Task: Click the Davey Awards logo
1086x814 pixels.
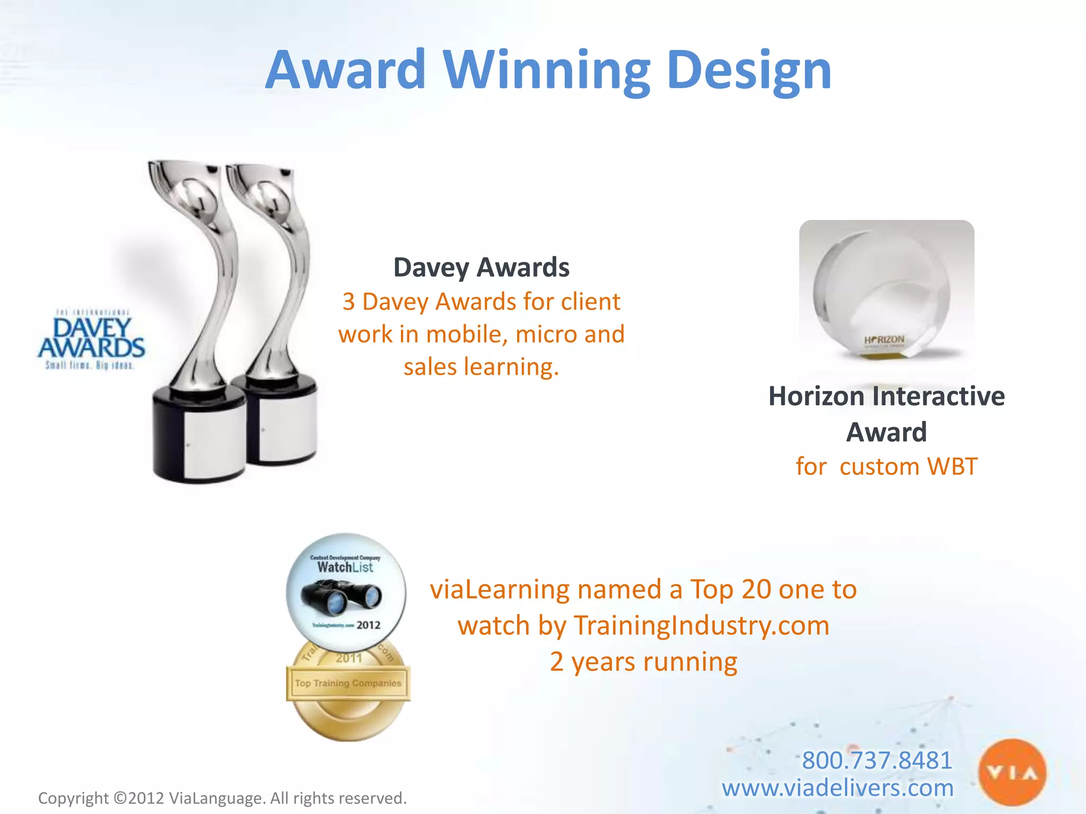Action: pos(91,339)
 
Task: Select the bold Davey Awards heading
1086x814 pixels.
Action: pos(481,267)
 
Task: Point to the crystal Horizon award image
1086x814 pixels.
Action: pos(886,291)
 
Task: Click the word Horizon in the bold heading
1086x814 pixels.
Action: pos(817,396)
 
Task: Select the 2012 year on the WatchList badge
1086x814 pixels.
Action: pos(368,625)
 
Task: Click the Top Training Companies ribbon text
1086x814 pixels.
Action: pos(348,683)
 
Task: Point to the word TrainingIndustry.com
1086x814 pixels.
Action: pos(702,625)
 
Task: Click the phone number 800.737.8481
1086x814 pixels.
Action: pos(877,760)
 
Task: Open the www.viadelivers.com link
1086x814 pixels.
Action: pos(837,788)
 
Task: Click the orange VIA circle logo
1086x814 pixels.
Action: pos(1012,773)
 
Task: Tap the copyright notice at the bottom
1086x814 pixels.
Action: pos(222,798)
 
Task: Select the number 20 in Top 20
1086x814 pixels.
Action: pos(756,589)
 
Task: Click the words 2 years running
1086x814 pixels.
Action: pos(643,662)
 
